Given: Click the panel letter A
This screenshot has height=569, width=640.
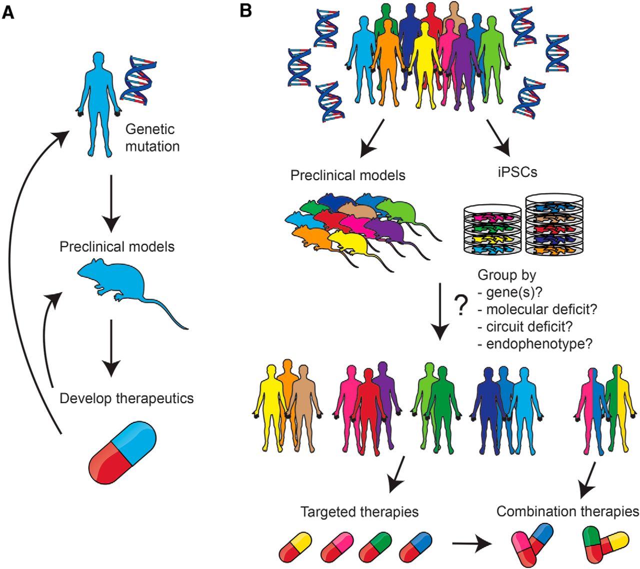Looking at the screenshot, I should [8, 12].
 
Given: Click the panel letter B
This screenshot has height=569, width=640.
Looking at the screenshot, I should [245, 10].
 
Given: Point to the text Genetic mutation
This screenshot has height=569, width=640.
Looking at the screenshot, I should [152, 138].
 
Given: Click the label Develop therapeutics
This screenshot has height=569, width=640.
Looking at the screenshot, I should [126, 398].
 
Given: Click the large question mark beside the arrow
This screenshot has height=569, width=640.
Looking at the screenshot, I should [461, 305].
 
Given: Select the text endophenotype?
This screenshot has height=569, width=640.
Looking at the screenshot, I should [538, 344].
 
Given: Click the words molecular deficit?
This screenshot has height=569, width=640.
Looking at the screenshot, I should [541, 309].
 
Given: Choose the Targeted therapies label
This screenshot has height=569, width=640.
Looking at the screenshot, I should [359, 512].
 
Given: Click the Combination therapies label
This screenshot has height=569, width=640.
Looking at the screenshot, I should [567, 511].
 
